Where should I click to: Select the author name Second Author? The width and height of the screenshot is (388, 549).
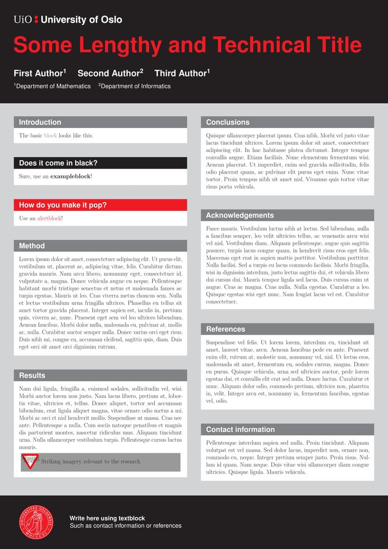[x=110, y=73]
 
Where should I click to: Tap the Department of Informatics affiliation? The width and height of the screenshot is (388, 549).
[x=134, y=86]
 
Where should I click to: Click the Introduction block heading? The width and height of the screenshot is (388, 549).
[x=40, y=122]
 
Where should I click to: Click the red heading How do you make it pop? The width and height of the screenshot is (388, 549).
[x=63, y=205]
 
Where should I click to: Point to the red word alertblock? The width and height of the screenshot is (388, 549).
[x=49, y=219]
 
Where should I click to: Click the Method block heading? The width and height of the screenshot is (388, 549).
[x=32, y=246]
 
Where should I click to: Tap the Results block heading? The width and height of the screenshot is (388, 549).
[x=32, y=375]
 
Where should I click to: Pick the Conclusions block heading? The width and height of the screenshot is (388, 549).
[x=228, y=122]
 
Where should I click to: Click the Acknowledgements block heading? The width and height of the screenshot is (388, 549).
[x=240, y=215]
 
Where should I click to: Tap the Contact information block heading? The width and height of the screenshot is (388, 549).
[x=240, y=429]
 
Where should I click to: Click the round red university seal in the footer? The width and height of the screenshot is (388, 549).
[x=37, y=522]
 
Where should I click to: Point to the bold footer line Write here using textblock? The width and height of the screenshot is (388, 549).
[x=107, y=518]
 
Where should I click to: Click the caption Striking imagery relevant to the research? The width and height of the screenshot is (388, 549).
[x=90, y=461]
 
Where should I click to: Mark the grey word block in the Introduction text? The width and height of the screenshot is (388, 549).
[x=50, y=135]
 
